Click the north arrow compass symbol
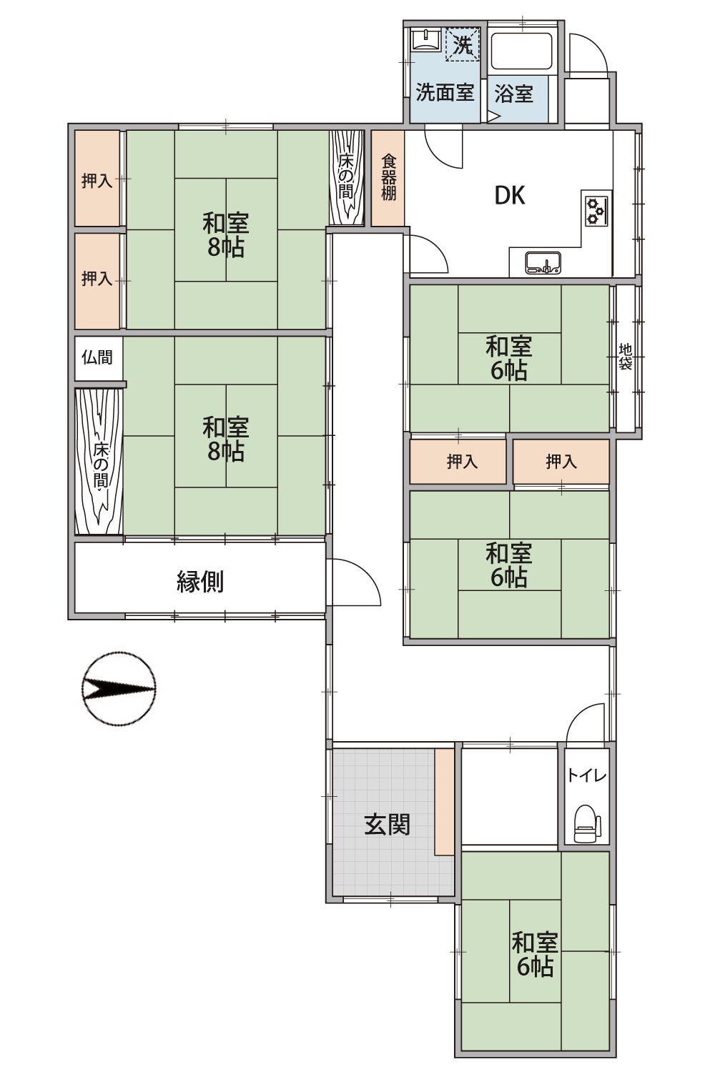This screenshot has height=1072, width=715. point(119,689)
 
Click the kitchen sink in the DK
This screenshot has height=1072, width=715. point(543,263)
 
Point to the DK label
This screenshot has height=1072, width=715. point(510,195)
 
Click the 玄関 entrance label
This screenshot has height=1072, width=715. point(387,825)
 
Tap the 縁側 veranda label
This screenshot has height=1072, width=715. point(200,582)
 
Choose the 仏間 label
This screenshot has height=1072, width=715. point(97,357)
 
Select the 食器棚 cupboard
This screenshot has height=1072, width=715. point(388,178)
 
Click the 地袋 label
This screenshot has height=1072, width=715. point(626,357)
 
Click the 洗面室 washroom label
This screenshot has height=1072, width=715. point(445,92)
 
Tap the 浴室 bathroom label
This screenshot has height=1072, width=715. point(513,94)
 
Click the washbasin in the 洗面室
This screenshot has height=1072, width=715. point(427,39)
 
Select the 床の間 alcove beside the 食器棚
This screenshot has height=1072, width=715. point(347,177)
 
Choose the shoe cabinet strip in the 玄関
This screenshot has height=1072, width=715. point(444,801)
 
